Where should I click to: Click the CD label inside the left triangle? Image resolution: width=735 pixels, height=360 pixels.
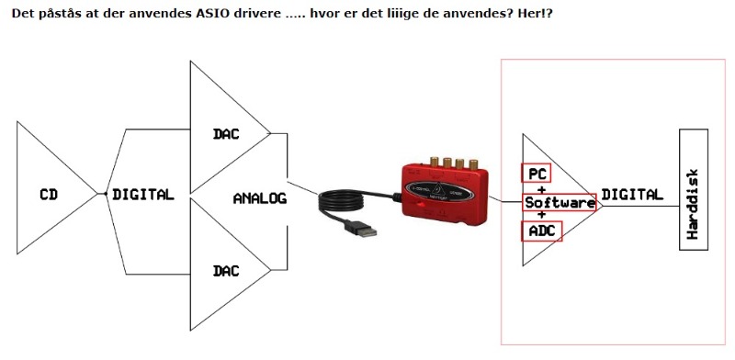49,194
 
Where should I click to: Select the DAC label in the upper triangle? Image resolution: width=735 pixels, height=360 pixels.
226,134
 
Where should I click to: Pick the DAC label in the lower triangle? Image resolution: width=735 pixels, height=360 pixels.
226,271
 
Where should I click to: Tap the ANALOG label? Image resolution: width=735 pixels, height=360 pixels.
260,198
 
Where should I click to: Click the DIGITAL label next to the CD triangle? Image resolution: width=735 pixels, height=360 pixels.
143,194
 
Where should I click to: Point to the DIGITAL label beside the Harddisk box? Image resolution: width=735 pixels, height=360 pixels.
632,194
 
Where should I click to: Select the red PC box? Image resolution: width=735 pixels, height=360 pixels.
537,174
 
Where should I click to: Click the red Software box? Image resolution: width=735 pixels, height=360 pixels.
560,202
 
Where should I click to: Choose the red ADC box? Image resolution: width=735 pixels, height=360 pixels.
542,231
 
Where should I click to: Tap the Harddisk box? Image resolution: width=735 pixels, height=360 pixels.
694,190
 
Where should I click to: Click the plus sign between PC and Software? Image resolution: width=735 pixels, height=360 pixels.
542,190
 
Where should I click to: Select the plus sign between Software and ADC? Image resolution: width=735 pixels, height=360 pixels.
542,214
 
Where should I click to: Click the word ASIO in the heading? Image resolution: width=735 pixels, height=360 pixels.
209,13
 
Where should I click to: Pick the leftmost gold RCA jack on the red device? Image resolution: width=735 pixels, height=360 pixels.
435,163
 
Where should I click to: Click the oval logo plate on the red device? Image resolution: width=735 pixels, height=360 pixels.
433,190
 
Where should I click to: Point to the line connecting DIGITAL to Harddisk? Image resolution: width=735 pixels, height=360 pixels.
641,206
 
